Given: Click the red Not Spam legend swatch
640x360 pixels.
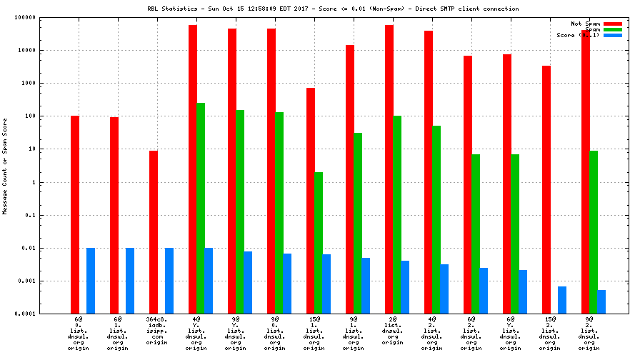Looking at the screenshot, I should [x=613, y=24].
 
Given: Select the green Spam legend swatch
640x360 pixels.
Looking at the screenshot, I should [x=613, y=29].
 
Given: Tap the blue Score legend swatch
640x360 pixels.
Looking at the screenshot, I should [x=613, y=35].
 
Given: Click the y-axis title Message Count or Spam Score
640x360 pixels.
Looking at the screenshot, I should [x=5, y=166].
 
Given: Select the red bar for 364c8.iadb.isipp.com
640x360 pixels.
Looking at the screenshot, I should [x=154, y=232].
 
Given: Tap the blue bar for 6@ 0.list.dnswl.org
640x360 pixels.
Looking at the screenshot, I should [x=91, y=281].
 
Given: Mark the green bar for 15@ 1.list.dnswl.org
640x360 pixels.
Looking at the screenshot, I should [x=319, y=243].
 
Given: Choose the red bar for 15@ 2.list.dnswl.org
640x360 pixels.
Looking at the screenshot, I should [x=546, y=190].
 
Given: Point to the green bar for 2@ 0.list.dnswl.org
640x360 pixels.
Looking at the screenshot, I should [x=397, y=215].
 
